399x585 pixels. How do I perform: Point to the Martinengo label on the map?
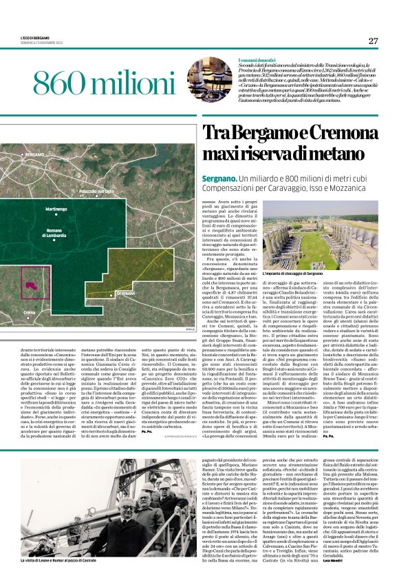(56, 209)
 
